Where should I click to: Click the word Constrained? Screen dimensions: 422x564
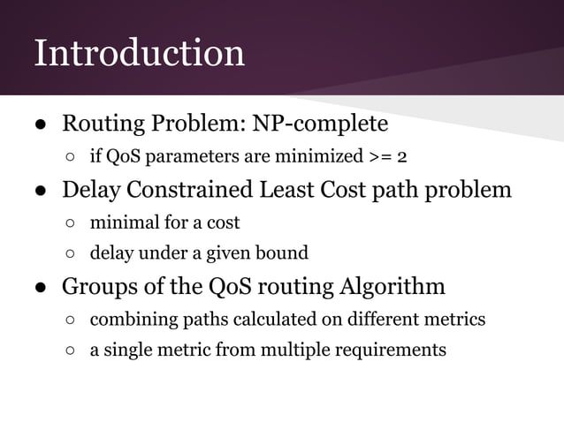(186, 189)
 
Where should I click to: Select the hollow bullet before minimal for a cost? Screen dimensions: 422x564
(70, 222)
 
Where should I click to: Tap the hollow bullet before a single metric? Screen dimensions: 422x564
(70, 350)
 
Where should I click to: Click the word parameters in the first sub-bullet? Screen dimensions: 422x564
(183, 158)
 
